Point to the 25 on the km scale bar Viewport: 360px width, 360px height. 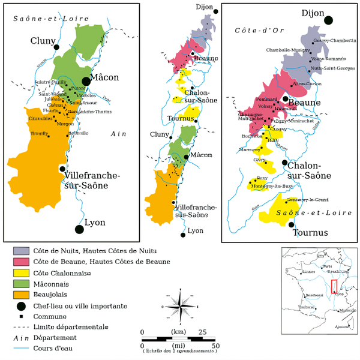coord(202,331)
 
